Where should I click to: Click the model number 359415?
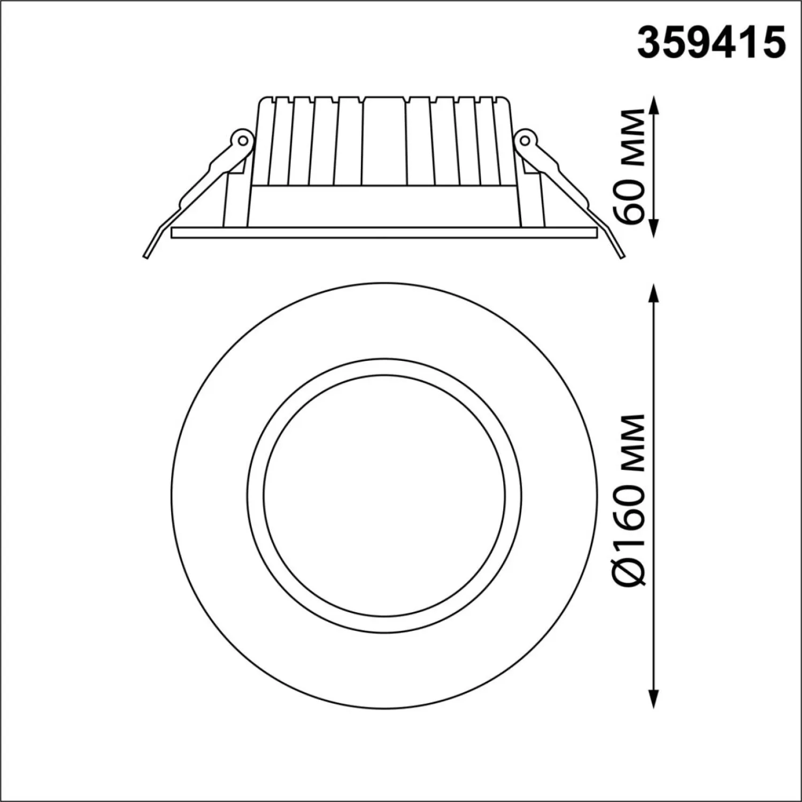pyautogui.click(x=712, y=42)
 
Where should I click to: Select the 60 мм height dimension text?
pyautogui.click(x=629, y=166)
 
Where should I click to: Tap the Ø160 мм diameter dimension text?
pyautogui.click(x=629, y=499)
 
